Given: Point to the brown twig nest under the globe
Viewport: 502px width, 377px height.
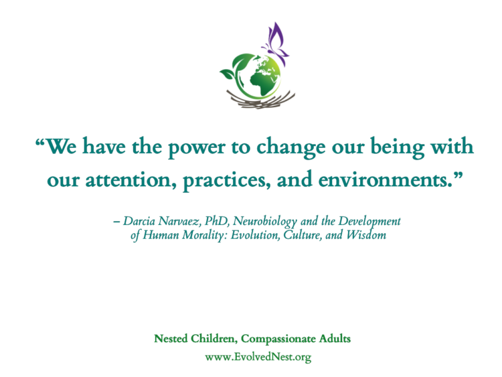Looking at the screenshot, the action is point(260,99).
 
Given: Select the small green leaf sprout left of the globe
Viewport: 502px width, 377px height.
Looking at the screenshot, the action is point(228,74).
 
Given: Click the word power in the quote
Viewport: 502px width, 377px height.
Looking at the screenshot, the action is point(196,147).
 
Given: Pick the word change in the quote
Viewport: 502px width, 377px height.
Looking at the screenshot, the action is point(290,147).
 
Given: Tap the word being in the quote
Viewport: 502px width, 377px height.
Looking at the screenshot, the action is point(398,147).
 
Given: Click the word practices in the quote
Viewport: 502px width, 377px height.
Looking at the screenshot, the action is point(226,180).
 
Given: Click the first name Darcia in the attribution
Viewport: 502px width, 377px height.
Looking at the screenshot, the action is point(139,221).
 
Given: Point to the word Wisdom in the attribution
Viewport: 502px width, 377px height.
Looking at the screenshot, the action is point(366,235).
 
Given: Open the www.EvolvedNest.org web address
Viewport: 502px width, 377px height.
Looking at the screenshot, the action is point(258,357).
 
